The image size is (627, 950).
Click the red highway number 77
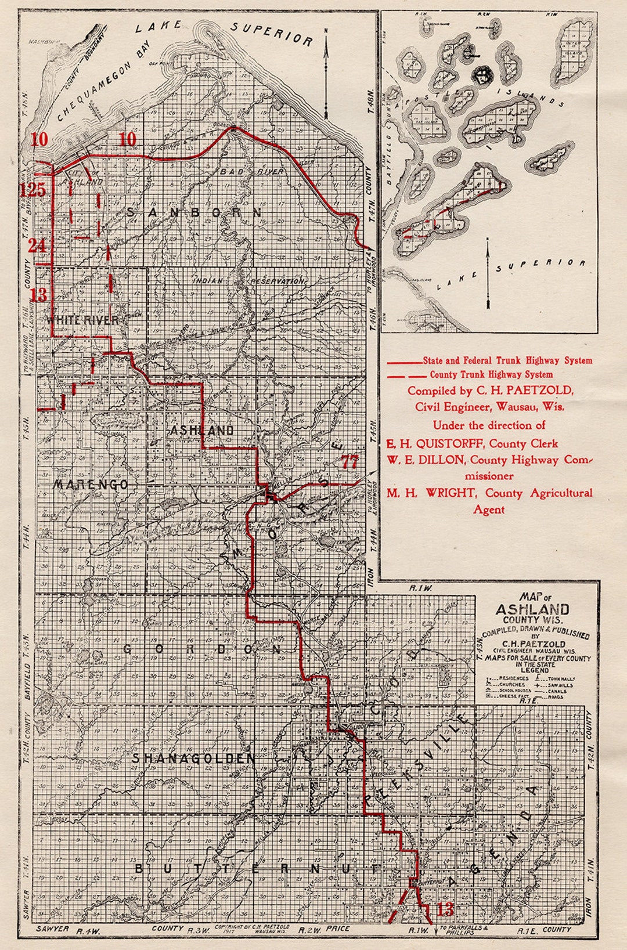(349, 462)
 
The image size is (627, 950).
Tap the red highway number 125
(32, 190)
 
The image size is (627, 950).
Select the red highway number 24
(37, 245)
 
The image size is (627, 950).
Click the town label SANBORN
(194, 213)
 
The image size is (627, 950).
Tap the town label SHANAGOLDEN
(193, 758)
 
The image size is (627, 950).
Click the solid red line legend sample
(404, 361)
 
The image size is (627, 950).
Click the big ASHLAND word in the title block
(532, 609)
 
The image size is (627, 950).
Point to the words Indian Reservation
(248, 281)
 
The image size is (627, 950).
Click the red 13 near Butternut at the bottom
(445, 909)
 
